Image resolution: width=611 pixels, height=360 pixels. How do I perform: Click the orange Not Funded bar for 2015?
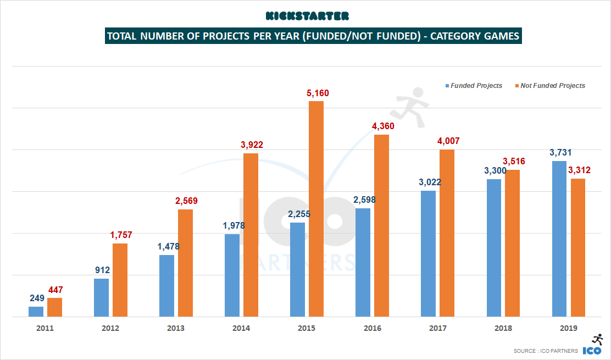click(316, 209)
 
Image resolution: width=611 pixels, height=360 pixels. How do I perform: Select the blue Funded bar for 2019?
click(559, 239)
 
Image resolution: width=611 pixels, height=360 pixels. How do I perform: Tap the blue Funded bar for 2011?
click(36, 312)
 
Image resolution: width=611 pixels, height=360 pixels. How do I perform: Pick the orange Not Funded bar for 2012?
click(120, 280)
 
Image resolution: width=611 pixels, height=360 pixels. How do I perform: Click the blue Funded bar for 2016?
click(363, 262)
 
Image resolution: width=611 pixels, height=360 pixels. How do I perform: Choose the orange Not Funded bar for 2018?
click(512, 243)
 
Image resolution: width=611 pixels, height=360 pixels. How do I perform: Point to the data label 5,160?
click(318, 93)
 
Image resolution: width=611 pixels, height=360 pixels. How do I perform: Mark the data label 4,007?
click(448, 141)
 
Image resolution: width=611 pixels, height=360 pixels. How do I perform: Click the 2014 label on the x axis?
click(241, 328)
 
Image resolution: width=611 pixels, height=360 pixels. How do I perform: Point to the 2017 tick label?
click(437, 328)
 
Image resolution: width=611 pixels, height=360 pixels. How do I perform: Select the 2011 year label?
click(45, 328)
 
